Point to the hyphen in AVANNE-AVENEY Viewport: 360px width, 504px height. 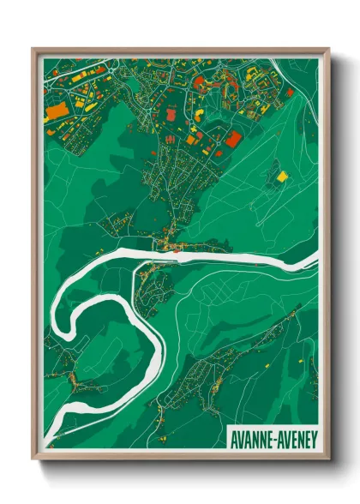pos(274,438)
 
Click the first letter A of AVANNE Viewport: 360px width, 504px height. pos(234,437)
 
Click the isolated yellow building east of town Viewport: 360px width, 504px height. pos(282,176)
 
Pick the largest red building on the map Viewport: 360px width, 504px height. pos(233,138)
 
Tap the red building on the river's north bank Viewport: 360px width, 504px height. pos(176,250)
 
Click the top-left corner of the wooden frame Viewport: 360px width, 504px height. pos(33,49)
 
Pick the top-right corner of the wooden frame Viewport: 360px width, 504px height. pos(329,49)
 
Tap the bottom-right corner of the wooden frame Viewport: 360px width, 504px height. pos(329,459)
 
